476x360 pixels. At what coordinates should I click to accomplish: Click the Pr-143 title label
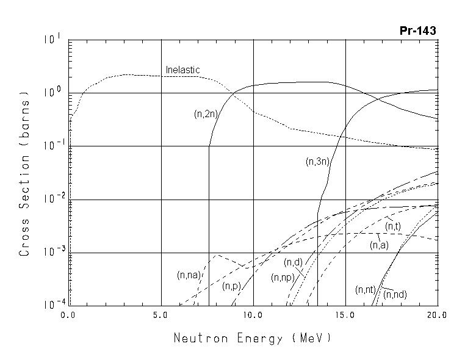418,31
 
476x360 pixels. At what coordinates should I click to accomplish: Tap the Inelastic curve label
182,70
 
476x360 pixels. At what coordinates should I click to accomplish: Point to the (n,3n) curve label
317,162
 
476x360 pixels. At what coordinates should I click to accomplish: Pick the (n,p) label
230,286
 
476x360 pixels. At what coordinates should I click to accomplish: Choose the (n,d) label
294,263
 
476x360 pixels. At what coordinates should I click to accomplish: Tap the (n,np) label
283,277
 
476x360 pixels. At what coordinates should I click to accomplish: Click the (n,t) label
393,227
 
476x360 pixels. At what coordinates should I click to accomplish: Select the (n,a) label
379,245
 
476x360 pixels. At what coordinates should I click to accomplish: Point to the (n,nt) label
365,289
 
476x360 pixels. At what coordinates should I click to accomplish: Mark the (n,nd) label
395,295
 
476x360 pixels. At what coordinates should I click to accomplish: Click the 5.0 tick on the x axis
161,315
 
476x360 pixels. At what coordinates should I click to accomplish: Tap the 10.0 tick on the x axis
253,315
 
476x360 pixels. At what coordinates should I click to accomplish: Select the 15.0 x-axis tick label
345,315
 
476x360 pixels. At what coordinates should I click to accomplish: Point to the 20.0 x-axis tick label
437,315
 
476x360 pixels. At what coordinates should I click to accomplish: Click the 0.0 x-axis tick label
69,315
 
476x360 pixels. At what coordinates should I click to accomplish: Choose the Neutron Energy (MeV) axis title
253,337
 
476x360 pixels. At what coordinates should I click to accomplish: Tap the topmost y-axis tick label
51,40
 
